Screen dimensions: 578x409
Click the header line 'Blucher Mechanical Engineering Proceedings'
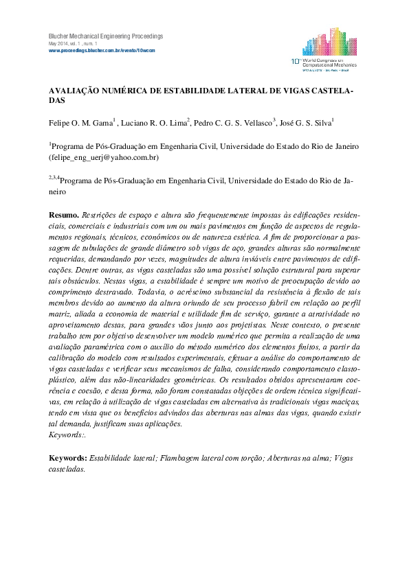pos(105,36)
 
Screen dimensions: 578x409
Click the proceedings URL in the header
pos(101,51)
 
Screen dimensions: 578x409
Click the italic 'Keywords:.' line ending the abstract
pos(68,435)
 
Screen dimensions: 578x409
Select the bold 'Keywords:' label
pos(68,456)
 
